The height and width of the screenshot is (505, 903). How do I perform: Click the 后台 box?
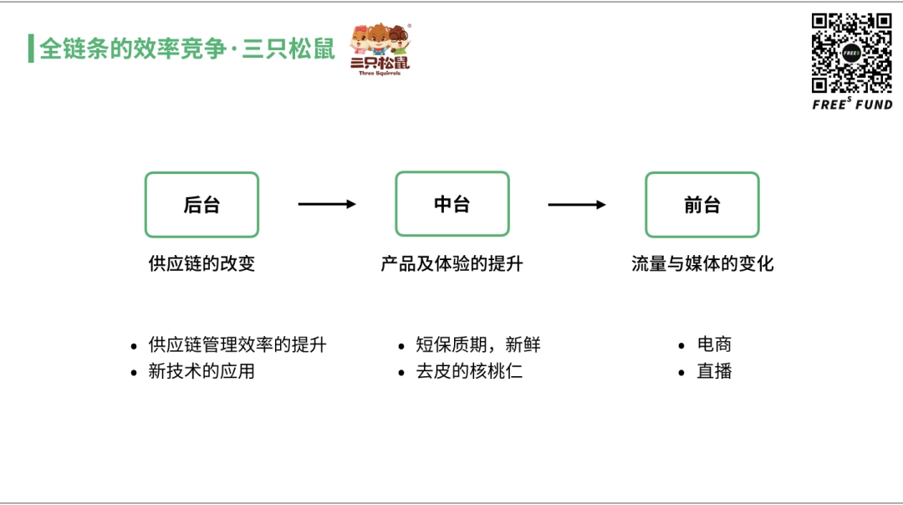pyautogui.click(x=202, y=205)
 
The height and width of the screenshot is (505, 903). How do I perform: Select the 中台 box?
pyautogui.click(x=451, y=204)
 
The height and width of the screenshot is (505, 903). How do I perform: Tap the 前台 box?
pyautogui.click(x=701, y=205)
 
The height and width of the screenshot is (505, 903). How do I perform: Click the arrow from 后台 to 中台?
pyautogui.click(x=327, y=204)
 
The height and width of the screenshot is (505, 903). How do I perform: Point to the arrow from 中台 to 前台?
pyautogui.click(x=577, y=204)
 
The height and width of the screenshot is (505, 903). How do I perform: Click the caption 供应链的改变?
pyautogui.click(x=202, y=264)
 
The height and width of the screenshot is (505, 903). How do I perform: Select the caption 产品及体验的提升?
pyautogui.click(x=451, y=264)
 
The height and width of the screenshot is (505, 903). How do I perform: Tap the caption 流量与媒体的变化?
pyautogui.click(x=702, y=264)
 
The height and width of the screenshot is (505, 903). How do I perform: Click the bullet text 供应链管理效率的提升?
pyautogui.click(x=237, y=344)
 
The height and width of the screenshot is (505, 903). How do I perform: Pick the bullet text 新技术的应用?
pyautogui.click(x=202, y=371)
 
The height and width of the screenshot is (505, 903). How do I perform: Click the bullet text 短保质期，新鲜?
pyautogui.click(x=478, y=344)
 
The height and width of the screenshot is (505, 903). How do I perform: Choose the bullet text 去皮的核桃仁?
pyautogui.click(x=469, y=371)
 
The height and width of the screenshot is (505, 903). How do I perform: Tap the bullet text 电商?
pyautogui.click(x=714, y=344)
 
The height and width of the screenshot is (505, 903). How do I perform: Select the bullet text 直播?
pyautogui.click(x=714, y=371)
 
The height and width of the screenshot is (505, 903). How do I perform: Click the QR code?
pyautogui.click(x=852, y=53)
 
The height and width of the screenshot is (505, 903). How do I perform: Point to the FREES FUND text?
pyautogui.click(x=852, y=105)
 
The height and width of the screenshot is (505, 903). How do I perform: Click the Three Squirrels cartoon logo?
pyautogui.click(x=380, y=48)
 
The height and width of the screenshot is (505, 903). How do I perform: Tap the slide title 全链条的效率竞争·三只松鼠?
pyautogui.click(x=187, y=48)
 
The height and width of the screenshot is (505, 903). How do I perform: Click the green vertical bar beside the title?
pyautogui.click(x=31, y=48)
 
